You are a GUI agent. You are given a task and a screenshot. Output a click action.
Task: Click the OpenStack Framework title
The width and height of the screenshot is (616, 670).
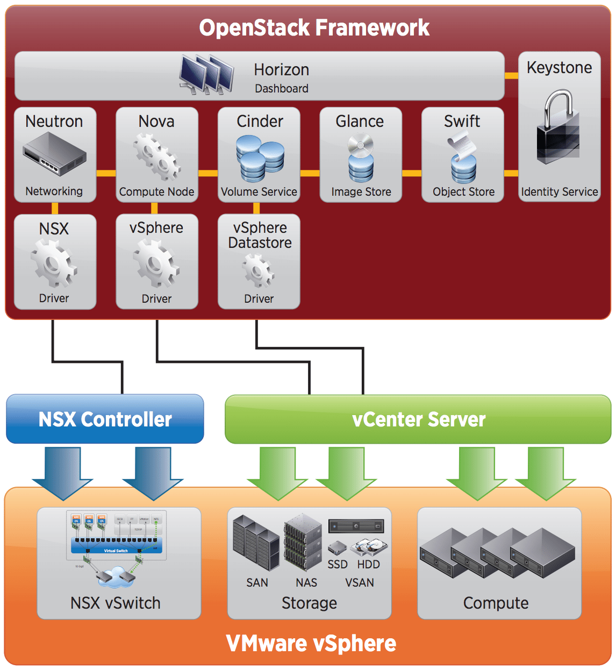coord(314,28)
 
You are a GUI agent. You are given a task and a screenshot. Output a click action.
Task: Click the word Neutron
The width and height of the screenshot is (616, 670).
coord(54,122)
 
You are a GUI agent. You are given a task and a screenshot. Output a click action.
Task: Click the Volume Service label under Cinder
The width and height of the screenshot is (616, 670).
coord(259,192)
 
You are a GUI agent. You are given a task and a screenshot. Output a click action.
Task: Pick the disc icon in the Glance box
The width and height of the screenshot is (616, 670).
coord(360,145)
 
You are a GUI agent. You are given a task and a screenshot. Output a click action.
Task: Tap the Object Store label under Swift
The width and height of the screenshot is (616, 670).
coord(463,192)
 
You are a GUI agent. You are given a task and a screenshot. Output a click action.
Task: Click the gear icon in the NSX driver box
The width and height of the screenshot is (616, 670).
coord(54,263)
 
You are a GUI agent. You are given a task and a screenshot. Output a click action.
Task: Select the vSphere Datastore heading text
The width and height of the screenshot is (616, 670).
coord(260,236)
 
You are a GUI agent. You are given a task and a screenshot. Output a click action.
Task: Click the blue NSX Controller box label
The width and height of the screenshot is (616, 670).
coord(105,419)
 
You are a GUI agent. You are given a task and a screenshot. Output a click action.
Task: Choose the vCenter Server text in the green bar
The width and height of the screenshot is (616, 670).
coord(419,419)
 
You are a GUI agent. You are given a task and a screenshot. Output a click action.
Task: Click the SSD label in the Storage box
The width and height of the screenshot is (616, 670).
coord(338,565)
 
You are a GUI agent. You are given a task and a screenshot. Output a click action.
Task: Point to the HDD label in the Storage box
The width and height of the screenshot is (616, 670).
coord(369,565)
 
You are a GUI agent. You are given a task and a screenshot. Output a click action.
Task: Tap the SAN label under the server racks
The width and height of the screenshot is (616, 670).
coord(257,583)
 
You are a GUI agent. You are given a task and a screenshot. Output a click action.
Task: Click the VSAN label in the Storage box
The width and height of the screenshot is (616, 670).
coord(360,583)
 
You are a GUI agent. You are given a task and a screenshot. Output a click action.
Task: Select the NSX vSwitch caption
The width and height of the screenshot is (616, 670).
coord(116,603)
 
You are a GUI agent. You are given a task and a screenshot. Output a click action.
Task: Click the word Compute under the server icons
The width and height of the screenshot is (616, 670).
coord(496,603)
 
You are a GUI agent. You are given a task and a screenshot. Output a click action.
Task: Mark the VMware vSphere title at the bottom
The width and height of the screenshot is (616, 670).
coord(311,644)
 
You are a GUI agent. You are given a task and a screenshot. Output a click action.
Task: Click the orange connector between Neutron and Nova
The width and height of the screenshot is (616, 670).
coord(106,173)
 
